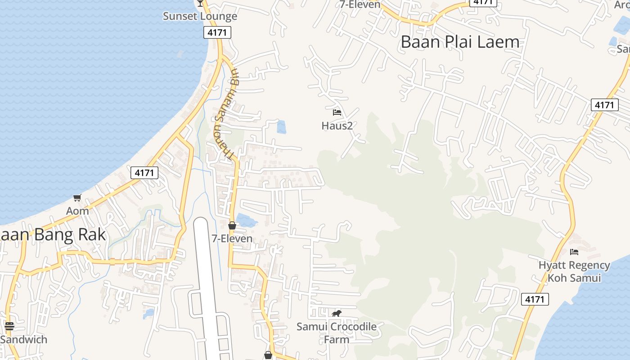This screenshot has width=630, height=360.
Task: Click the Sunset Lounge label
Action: pyautogui.click(x=200, y=16)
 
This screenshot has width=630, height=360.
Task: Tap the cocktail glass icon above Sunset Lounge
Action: pyautogui.click(x=200, y=3)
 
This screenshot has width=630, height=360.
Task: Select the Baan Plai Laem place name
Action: pyautogui.click(x=460, y=42)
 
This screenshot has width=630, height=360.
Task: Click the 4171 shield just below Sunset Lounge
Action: pyautogui.click(x=217, y=32)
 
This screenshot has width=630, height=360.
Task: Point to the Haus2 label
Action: pyautogui.click(x=337, y=126)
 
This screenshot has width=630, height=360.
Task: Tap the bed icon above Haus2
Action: pyautogui.click(x=337, y=112)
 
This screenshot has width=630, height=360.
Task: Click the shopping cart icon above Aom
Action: pyautogui.click(x=77, y=198)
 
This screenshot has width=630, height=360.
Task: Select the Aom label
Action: pyautogui.click(x=77, y=211)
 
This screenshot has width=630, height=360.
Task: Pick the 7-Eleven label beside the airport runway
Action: pyautogui.click(x=232, y=238)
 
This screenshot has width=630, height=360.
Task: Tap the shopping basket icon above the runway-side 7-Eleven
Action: pyautogui.click(x=232, y=225)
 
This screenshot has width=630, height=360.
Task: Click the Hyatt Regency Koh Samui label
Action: pyautogui.click(x=574, y=271)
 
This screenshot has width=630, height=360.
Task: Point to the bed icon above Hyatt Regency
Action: pyautogui.click(x=574, y=252)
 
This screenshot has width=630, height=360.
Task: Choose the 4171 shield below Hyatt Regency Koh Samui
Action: pyautogui.click(x=535, y=299)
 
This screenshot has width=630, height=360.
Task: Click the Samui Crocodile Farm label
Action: pyautogui.click(x=337, y=333)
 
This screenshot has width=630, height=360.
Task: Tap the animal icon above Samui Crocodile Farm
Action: pyautogui.click(x=337, y=313)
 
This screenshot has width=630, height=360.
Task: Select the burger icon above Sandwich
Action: pyautogui.click(x=9, y=326)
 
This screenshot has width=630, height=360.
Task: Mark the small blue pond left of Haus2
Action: pyautogui.click(x=281, y=127)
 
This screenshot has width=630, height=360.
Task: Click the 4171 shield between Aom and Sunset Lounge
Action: pyautogui.click(x=144, y=172)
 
